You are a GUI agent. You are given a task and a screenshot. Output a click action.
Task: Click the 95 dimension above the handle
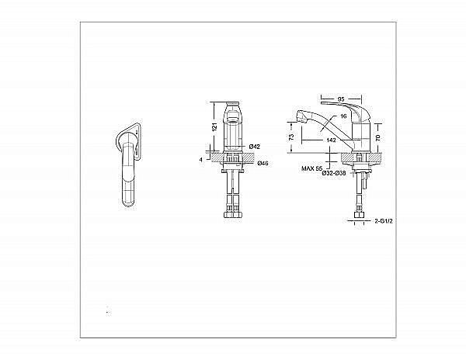[x=341, y=99]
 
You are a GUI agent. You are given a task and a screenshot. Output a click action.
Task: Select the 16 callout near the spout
[x=343, y=116]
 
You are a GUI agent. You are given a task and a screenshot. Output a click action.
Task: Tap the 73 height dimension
[x=291, y=137]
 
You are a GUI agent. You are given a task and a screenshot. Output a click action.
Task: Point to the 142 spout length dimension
[x=331, y=140]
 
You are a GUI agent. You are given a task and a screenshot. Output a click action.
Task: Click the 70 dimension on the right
[x=378, y=137]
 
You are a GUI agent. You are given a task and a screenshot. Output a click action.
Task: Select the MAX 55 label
[x=311, y=168]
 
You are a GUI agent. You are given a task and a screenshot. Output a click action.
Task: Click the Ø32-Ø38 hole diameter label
[x=334, y=174]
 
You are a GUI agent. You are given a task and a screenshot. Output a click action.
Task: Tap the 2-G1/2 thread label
[x=384, y=221]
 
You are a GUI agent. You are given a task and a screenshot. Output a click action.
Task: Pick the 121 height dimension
[x=215, y=126]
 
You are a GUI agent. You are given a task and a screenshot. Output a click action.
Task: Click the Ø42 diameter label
[x=255, y=147]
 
